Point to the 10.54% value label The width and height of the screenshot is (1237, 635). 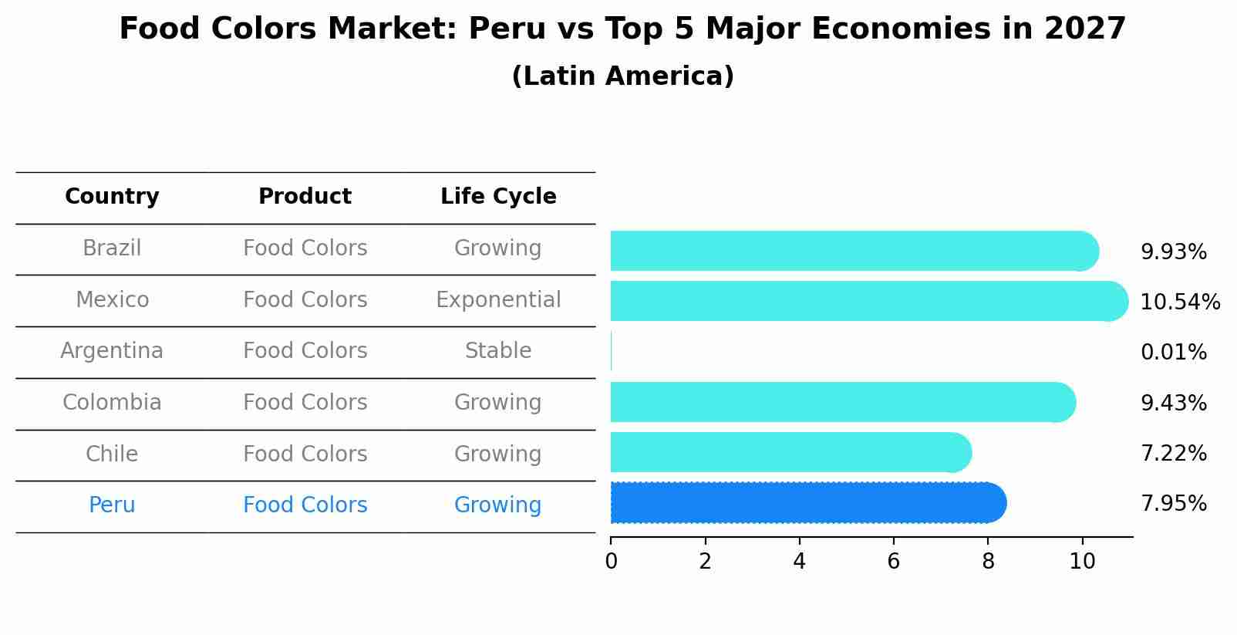point(1179,302)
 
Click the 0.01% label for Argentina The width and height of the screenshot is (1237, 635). point(1173,353)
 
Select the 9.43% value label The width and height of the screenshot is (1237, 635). point(1173,403)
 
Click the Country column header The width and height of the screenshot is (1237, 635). point(112,197)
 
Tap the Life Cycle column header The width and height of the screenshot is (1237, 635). point(498,197)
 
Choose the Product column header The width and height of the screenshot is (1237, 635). point(305,197)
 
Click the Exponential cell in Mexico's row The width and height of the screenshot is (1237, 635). point(498,299)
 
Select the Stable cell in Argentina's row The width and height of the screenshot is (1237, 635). point(498,351)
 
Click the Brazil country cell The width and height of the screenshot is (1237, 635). point(112,248)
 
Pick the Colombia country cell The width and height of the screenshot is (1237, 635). point(112,403)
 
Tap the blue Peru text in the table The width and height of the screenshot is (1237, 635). point(112,505)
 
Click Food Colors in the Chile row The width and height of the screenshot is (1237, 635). point(305,454)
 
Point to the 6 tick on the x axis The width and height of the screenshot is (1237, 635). point(893,562)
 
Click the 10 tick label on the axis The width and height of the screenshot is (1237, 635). point(1082,562)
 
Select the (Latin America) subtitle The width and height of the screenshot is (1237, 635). point(622,76)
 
